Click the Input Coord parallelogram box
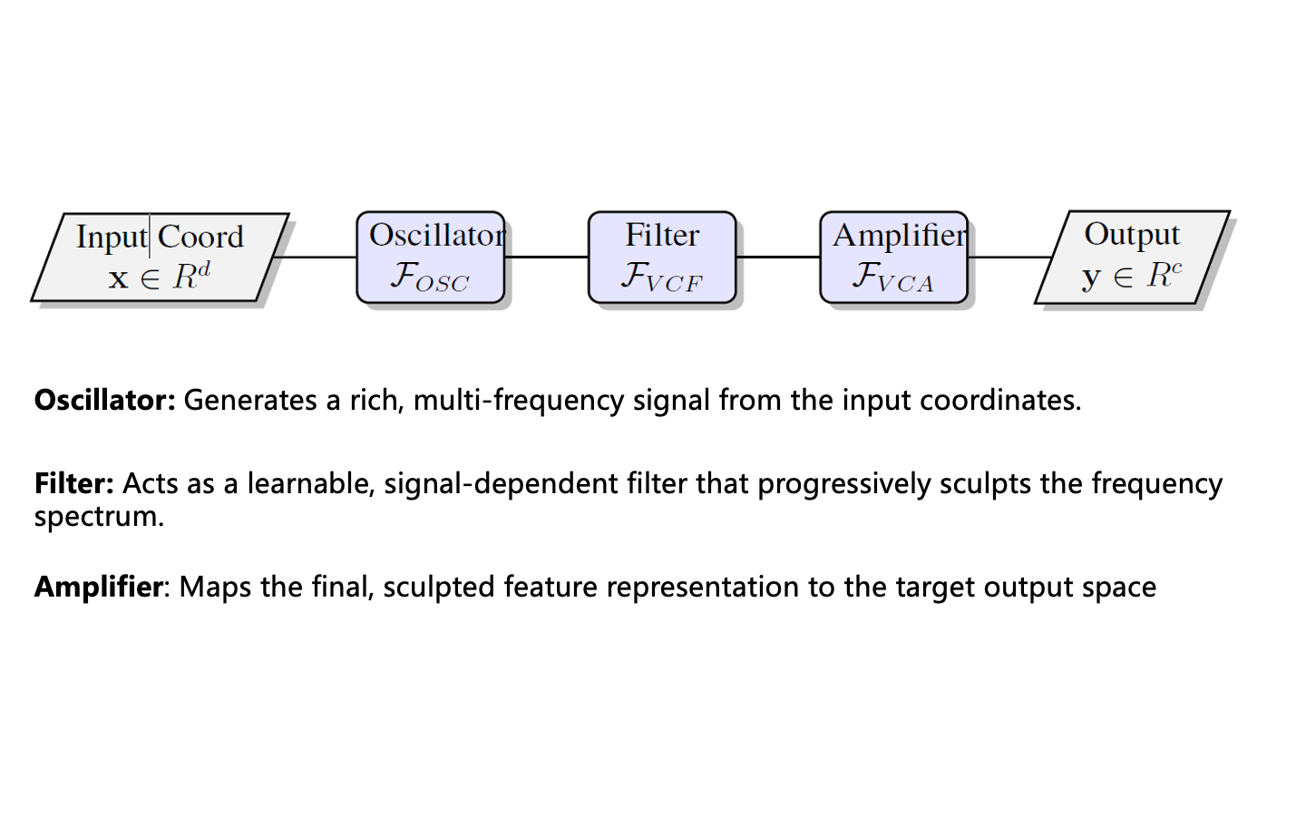tap(160, 257)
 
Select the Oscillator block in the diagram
tap(430, 257)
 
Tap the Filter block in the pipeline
tap(662, 257)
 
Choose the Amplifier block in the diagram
tap(893, 257)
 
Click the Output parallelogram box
tap(1132, 257)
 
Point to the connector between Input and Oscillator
tap(316, 257)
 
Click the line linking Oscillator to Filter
tap(546, 257)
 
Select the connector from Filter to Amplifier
tap(778, 257)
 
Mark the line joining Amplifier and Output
tap(1009, 257)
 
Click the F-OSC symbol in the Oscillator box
tap(429, 277)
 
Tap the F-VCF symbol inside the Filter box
tap(661, 277)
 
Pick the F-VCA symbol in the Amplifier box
tap(892, 277)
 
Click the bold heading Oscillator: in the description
tap(104, 400)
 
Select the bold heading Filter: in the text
tap(74, 483)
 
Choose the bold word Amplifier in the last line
tap(98, 587)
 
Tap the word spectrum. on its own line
tap(99, 517)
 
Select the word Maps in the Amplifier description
tap(215, 587)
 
